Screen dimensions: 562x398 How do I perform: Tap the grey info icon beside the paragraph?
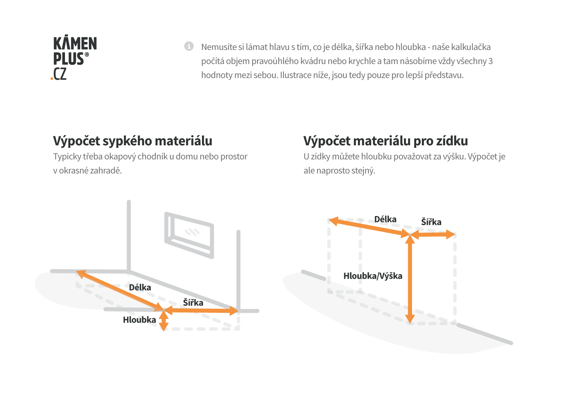(x=189, y=46)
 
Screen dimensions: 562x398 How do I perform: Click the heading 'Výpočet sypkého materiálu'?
(x=132, y=141)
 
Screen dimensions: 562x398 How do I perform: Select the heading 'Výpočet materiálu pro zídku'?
(x=386, y=141)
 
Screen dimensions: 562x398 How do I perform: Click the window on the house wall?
(x=189, y=235)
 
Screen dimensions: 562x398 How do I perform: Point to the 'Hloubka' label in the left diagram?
(x=139, y=320)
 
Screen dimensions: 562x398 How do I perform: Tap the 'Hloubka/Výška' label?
(x=373, y=276)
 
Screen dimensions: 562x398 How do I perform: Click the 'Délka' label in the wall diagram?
(x=385, y=219)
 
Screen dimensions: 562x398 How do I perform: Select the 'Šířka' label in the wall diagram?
(x=431, y=222)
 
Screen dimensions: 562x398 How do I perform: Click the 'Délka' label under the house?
(x=140, y=288)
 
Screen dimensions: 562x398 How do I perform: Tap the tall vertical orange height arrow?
(x=410, y=279)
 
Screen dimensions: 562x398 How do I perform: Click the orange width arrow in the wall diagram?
(x=432, y=235)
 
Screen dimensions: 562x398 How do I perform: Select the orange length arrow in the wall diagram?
(x=369, y=227)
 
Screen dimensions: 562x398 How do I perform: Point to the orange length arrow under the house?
(x=120, y=291)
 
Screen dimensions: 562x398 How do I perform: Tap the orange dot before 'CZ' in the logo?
(x=52, y=79)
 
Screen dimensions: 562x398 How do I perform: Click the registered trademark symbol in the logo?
(x=87, y=55)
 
